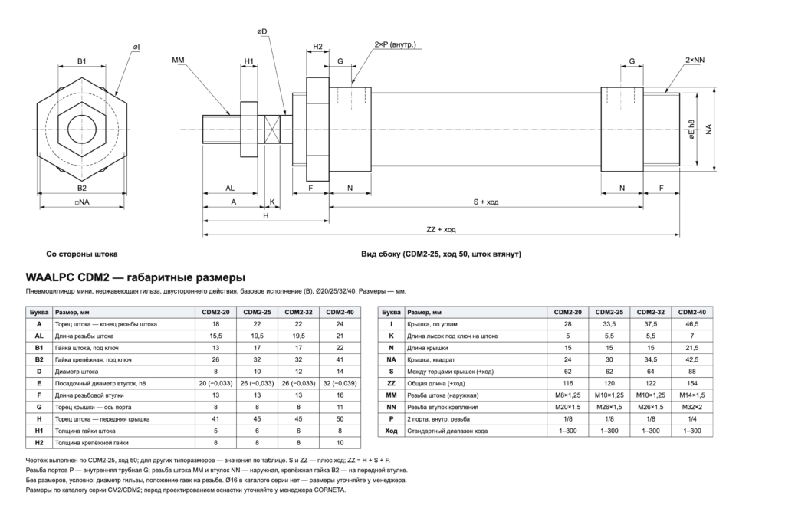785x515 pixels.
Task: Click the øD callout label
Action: tap(262, 31)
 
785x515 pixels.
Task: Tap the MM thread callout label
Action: tap(178, 60)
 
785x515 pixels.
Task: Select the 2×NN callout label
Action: tap(695, 60)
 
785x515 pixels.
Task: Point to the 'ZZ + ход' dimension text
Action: tap(441, 229)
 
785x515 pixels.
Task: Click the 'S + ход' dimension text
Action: tap(485, 202)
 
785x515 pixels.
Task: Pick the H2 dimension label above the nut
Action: tap(318, 47)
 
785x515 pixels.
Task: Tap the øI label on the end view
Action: tap(136, 47)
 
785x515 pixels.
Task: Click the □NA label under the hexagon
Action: tap(81, 202)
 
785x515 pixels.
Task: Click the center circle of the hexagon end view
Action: tap(81, 129)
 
